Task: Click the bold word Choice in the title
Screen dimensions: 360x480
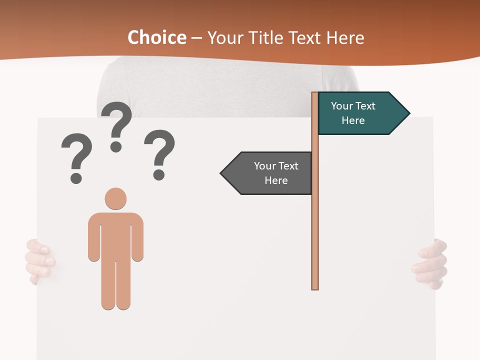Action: [156, 37]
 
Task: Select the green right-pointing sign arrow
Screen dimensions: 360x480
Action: [362, 113]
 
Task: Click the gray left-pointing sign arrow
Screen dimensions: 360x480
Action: [267, 173]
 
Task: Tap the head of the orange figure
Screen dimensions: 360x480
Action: [115, 198]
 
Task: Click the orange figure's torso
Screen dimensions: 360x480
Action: [115, 235]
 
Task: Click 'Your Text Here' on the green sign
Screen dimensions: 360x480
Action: [353, 113]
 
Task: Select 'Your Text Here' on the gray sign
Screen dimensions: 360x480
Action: [275, 173]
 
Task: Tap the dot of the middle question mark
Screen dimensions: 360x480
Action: [116, 146]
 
